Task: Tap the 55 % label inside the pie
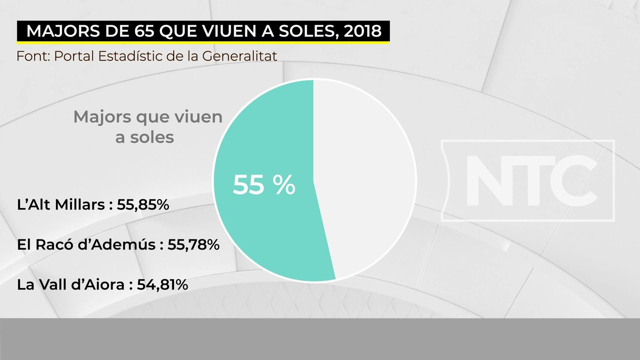[264, 185]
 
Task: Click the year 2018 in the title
[362, 31]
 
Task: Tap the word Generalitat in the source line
[239, 56]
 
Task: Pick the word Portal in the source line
[74, 56]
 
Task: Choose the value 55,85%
[143, 205]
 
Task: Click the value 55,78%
[193, 244]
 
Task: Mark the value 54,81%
[162, 285]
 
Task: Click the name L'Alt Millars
[61, 205]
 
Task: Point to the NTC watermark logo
[528, 181]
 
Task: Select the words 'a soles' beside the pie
[145, 137]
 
